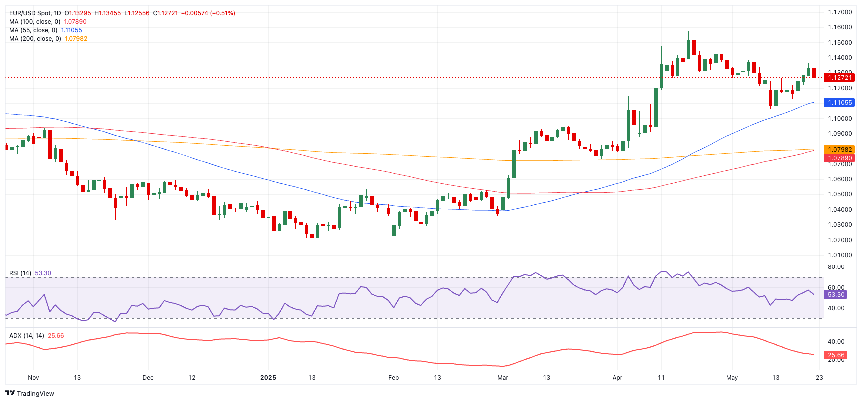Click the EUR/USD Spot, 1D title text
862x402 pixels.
(35, 13)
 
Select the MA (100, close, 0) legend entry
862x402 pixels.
(35, 22)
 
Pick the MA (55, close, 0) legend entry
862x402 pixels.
(33, 30)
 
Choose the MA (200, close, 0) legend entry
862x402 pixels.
(35, 39)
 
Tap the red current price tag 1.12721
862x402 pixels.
(839, 78)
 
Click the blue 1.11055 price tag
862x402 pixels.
(839, 103)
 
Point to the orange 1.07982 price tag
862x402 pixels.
(839, 150)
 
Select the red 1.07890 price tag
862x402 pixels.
(839, 158)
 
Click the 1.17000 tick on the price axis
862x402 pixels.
(840, 12)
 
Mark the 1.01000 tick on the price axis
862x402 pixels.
(840, 255)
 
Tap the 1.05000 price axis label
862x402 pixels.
(840, 194)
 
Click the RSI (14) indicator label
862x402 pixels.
(20, 273)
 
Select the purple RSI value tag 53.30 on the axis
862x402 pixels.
(836, 295)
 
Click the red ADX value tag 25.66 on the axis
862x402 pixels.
(836, 355)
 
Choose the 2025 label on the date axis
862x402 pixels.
(268, 378)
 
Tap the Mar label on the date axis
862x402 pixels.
(503, 378)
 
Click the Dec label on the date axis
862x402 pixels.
(148, 378)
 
